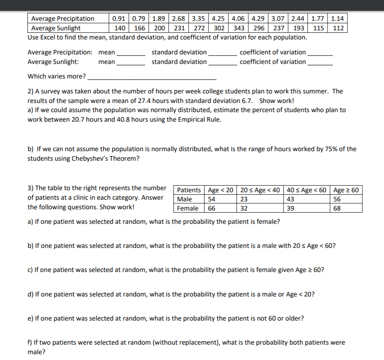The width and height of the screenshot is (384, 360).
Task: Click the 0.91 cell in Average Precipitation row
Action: [119, 19]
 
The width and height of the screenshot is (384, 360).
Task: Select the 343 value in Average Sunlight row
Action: [238, 28]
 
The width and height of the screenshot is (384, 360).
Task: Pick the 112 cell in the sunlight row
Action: [338, 28]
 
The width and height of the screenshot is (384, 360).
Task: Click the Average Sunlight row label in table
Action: [56, 28]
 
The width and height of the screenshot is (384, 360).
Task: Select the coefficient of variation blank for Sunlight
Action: [320, 62]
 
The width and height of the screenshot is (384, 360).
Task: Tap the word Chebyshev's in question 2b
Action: [89, 159]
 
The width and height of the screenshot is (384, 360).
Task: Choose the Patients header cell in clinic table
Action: [189, 190]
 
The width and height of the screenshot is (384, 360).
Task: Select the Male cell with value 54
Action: [214, 199]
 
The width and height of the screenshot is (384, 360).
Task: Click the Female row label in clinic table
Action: [187, 208]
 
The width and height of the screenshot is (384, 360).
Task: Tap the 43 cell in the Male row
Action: [290, 199]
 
